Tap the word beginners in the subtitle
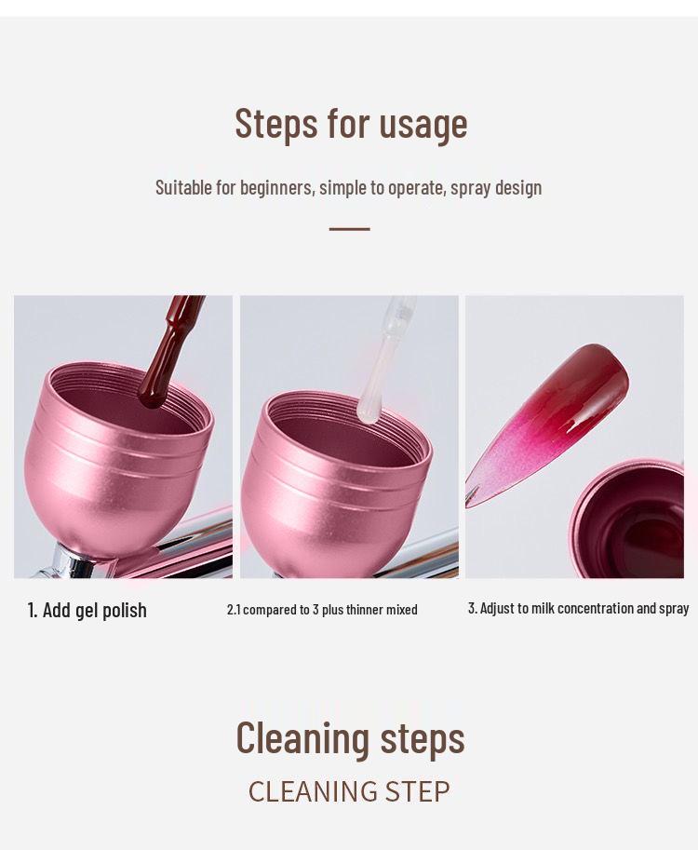(275, 187)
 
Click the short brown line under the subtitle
(349, 228)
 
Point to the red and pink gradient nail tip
(558, 410)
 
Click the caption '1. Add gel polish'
(87, 611)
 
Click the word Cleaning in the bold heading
(302, 737)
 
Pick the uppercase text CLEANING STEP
(349, 791)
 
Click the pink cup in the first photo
(116, 475)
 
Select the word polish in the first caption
(125, 611)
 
